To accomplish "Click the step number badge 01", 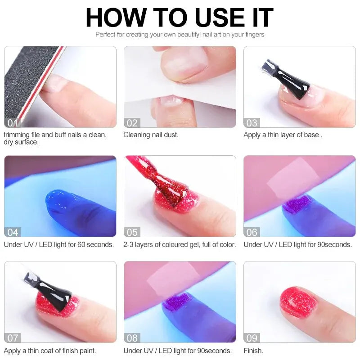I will [x=13, y=122].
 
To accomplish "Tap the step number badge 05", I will [x=132, y=232].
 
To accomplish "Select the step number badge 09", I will [x=252, y=338].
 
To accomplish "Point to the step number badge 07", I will [x=13, y=338].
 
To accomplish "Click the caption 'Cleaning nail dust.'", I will [x=151, y=135].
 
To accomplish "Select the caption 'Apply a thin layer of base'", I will [x=281, y=135].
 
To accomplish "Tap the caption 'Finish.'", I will [x=253, y=351].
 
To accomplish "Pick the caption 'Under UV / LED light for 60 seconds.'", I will [x=59, y=244].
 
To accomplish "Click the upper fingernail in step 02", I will [x=180, y=67].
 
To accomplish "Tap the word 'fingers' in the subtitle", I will [x=253, y=34].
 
